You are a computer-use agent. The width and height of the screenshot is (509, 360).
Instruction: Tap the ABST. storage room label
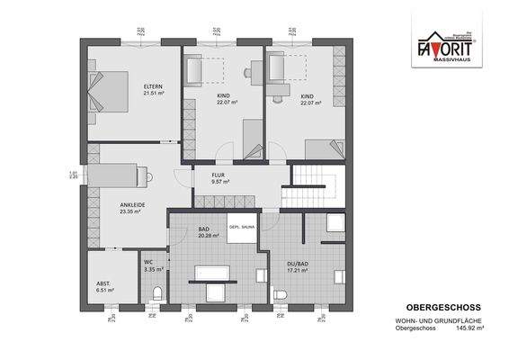(x=103, y=284)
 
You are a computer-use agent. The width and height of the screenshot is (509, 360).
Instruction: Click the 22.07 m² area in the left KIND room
(x=225, y=103)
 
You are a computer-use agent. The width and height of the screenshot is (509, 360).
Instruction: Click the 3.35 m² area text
(x=154, y=268)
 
